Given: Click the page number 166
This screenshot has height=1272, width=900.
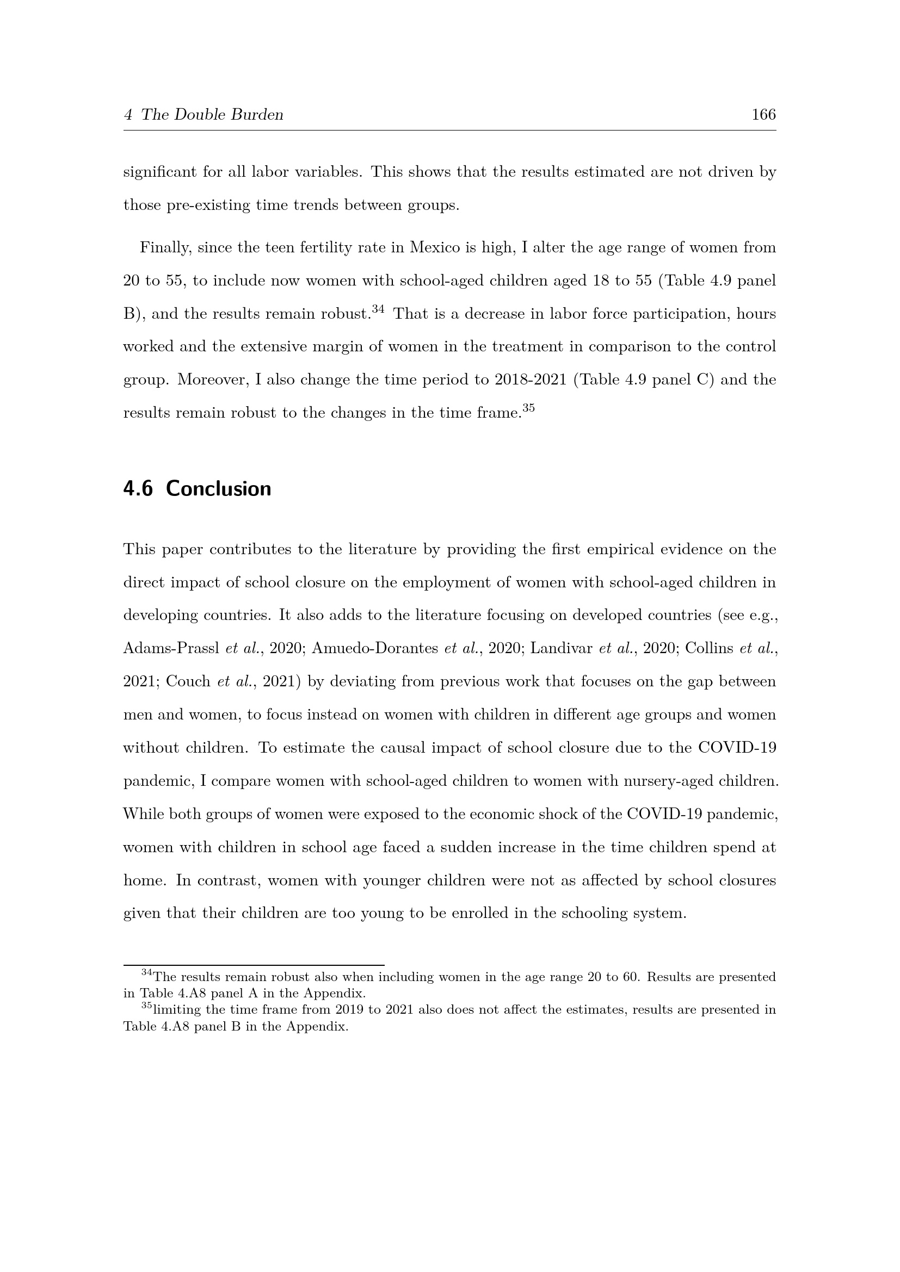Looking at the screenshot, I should pos(763,115).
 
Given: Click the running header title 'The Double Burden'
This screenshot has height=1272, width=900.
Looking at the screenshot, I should pos(212,115).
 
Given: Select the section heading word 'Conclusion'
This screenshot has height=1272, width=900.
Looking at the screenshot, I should pos(218,489).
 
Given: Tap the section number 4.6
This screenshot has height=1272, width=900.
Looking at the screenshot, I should pos(138,489).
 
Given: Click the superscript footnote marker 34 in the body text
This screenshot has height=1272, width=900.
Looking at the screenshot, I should pos(378,309).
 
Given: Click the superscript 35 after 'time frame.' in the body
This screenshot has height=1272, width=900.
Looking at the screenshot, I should pos(529,408).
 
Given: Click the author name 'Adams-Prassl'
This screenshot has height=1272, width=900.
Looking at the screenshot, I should pos(171,648).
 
